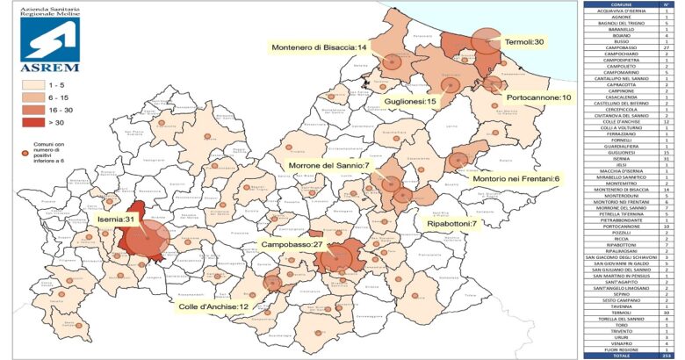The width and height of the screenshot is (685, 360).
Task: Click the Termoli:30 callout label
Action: [524, 42]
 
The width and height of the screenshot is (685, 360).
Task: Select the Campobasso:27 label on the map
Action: [293, 243]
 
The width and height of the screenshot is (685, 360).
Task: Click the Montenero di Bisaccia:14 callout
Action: [319, 47]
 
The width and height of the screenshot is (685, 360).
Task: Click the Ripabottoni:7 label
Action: [451, 224]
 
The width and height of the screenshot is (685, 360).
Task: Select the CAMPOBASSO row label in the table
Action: [619, 46]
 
